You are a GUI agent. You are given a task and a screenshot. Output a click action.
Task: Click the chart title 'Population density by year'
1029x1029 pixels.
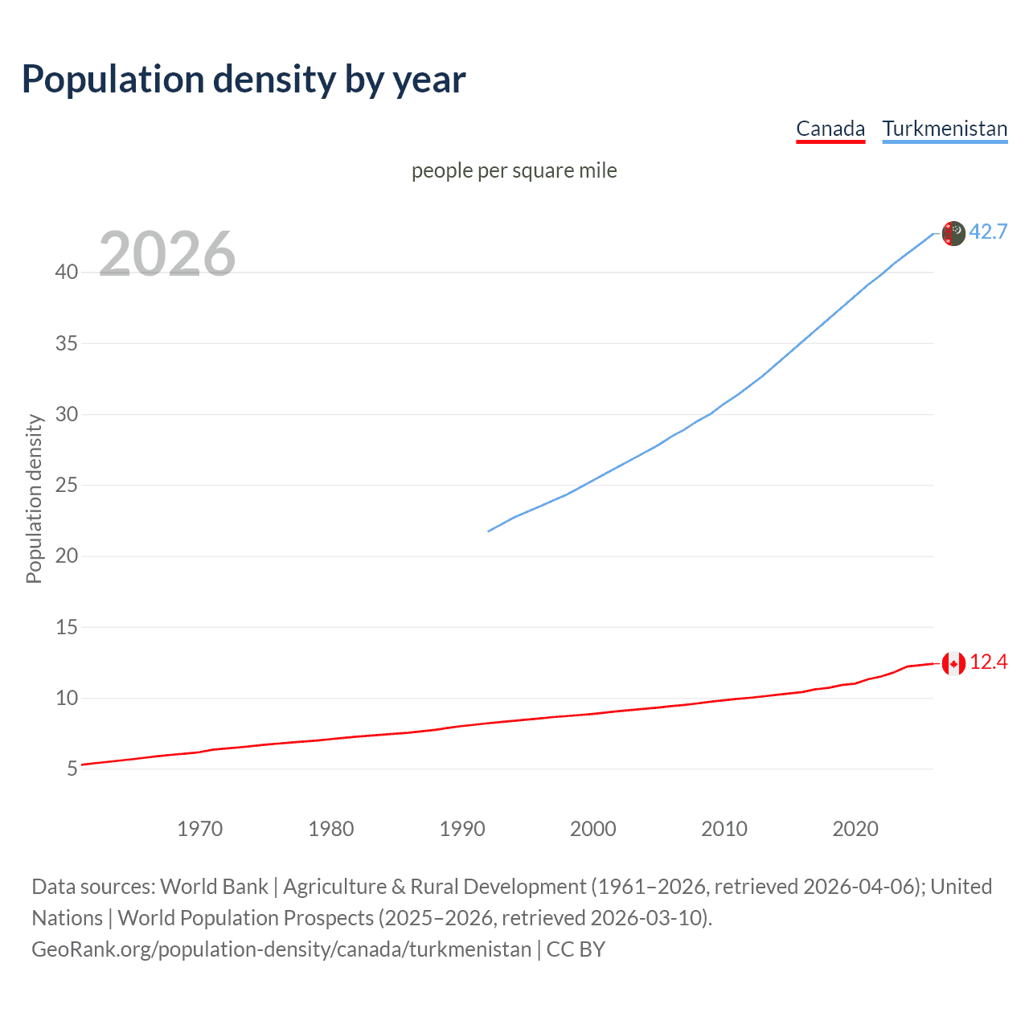(244, 80)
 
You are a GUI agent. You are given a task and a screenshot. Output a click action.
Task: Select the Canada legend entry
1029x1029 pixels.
(830, 129)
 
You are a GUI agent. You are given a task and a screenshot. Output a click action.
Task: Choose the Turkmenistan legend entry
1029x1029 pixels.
(945, 129)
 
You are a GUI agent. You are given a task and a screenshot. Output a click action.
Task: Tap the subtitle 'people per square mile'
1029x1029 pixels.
(514, 170)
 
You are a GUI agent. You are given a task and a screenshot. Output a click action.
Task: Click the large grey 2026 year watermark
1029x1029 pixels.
(167, 254)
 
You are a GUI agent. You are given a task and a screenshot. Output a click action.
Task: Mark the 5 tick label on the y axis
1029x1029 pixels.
(72, 769)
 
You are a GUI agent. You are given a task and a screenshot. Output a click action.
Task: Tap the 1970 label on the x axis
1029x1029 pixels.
(199, 829)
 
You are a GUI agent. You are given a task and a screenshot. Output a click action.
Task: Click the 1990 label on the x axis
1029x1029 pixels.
(461, 829)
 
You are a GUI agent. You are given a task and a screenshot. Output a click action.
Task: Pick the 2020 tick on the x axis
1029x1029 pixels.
(855, 829)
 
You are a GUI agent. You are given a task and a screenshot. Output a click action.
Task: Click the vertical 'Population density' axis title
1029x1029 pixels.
(34, 498)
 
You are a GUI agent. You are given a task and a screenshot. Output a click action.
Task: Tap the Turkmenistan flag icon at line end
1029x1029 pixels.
(953, 233)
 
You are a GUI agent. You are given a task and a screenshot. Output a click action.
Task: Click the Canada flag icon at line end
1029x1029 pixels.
(953, 663)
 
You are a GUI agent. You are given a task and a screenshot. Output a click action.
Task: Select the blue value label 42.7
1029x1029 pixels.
(988, 232)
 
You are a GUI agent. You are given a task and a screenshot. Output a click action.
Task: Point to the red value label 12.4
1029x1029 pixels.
(988, 662)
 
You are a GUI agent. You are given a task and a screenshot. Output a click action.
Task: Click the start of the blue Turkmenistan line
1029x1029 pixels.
(489, 531)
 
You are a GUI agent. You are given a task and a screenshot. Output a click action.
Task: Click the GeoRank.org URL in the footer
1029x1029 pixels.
(281, 949)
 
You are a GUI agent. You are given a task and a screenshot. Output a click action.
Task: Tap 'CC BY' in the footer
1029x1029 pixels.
(576, 949)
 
